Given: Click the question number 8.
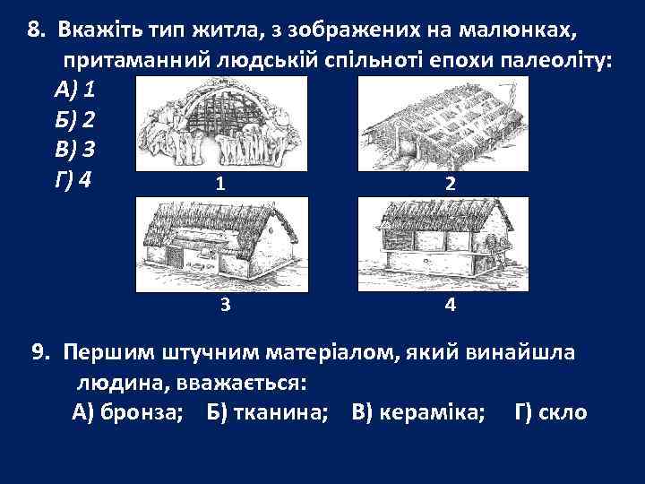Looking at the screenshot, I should (x=36, y=30).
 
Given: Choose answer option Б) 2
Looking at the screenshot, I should (x=77, y=120).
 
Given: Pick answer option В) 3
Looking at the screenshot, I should (x=78, y=150).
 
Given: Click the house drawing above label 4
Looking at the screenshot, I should (x=443, y=243).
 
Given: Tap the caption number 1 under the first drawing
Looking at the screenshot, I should (x=220, y=185).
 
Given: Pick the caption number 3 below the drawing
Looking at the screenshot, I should (x=225, y=305).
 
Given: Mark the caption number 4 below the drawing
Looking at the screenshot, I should (x=449, y=305).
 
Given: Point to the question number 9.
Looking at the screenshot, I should (x=40, y=351).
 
